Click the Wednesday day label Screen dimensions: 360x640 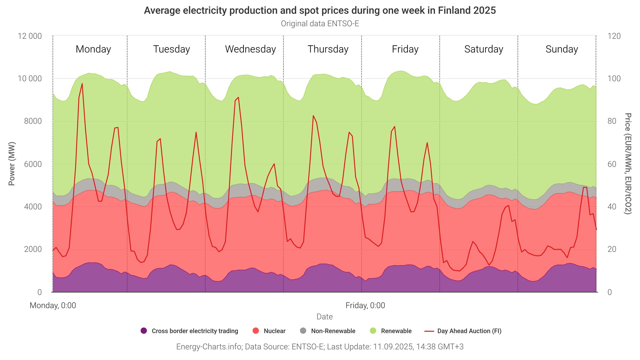250,49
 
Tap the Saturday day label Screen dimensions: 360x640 483,49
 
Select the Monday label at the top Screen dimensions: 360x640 93,49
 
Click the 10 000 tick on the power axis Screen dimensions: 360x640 29,79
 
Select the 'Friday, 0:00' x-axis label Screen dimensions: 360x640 365,305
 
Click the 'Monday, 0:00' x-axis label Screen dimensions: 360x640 53,305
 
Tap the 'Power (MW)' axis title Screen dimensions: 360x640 12,164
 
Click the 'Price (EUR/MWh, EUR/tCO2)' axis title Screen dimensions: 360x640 628,164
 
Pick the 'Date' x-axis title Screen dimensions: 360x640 324,317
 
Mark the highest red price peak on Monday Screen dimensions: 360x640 82,83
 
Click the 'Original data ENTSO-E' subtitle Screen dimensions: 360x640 320,24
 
